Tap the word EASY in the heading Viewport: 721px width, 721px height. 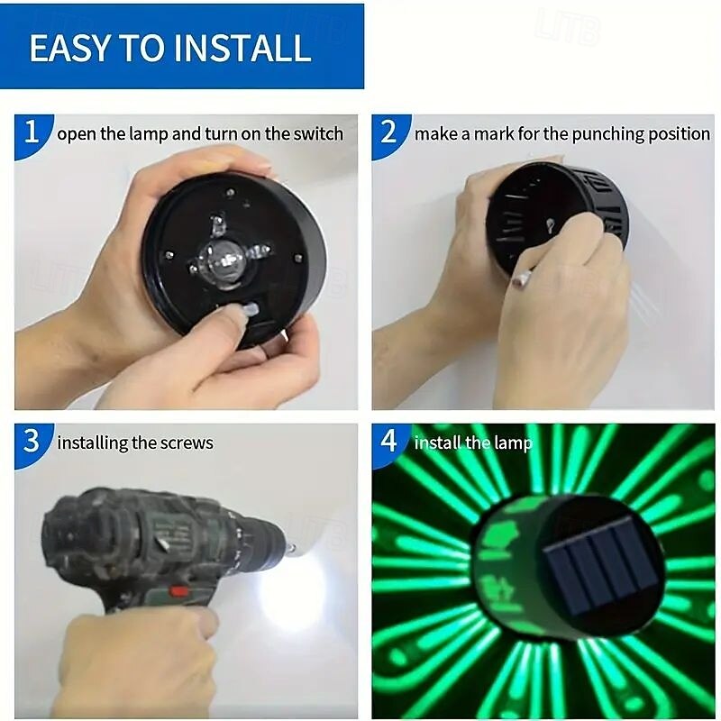pos(70,48)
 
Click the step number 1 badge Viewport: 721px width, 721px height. pos(32,132)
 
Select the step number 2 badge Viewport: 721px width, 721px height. pos(388,132)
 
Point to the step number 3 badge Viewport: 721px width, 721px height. pos(32,442)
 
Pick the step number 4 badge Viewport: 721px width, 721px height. pos(388,442)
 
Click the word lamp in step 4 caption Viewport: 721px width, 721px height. pos(513,443)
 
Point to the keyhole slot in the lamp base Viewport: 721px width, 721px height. pos(550,226)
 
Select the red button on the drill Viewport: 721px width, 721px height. pos(178,590)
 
